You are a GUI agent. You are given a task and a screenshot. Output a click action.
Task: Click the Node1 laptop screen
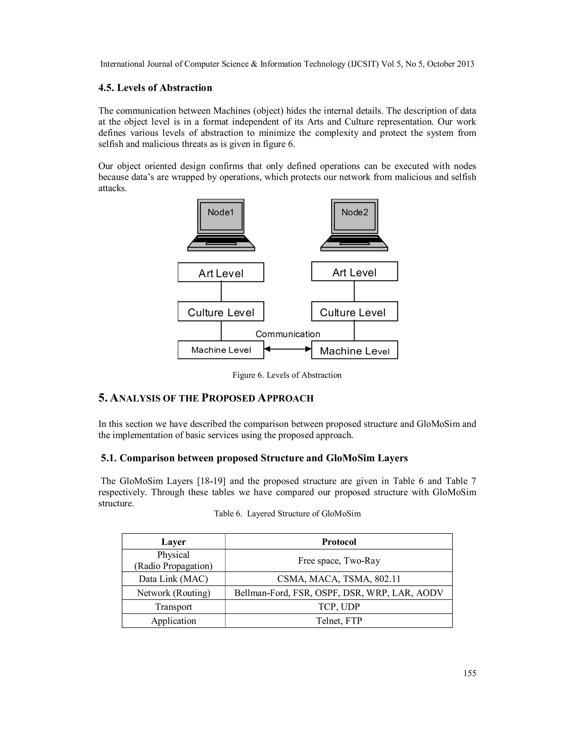221,216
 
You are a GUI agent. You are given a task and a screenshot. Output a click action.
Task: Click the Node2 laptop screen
355,216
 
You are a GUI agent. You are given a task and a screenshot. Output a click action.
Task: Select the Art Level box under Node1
221,272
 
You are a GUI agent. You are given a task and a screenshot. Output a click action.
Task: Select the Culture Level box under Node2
354,311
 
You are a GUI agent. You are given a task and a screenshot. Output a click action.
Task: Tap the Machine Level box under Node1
221,350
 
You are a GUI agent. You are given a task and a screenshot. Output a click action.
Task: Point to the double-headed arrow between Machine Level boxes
288,349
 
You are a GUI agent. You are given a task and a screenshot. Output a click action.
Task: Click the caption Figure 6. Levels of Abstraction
287,375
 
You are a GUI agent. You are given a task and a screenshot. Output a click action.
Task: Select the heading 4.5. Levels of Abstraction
155,88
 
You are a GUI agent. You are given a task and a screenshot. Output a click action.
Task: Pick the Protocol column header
339,542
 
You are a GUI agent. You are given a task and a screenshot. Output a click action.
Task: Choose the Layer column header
173,542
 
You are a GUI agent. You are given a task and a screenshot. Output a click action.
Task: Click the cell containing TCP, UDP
339,607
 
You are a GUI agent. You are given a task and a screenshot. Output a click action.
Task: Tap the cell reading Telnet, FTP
339,621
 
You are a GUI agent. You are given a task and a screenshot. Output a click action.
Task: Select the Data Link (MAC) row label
173,579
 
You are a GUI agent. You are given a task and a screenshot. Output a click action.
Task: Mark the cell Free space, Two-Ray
339,560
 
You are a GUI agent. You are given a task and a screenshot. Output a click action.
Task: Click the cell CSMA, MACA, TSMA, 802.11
339,579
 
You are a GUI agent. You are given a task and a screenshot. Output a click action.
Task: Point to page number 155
470,673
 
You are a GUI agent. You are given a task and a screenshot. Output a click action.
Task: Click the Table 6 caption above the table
287,514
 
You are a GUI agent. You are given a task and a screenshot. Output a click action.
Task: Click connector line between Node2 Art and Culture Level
354,291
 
